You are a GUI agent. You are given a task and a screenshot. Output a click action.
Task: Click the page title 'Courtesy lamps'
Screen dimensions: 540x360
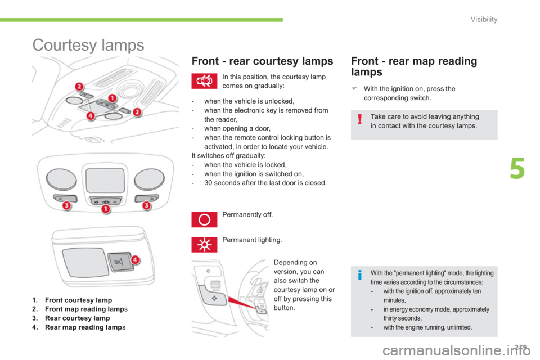click(88, 45)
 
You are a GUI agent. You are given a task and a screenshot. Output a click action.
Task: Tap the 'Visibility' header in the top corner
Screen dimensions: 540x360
click(484, 19)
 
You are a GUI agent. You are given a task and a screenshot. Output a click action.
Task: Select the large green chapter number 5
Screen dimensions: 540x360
click(517, 168)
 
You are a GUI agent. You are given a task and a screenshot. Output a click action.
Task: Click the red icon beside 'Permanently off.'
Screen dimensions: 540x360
click(204, 219)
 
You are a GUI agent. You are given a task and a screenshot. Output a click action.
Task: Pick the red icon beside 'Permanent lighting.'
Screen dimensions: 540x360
click(204, 245)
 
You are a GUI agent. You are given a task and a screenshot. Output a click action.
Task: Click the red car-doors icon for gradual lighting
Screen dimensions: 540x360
click(204, 81)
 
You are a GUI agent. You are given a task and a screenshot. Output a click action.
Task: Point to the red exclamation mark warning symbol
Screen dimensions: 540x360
click(360, 119)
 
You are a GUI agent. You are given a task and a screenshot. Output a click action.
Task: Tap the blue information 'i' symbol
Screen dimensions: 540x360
click(360, 275)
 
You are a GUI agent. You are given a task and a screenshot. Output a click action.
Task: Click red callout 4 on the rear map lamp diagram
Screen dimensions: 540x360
click(135, 259)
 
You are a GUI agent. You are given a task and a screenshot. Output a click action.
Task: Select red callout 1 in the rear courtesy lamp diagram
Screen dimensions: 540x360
click(105, 209)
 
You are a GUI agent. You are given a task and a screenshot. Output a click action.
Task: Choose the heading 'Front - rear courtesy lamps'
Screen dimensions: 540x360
click(263, 61)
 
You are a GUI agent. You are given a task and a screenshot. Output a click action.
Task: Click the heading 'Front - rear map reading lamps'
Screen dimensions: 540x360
click(414, 66)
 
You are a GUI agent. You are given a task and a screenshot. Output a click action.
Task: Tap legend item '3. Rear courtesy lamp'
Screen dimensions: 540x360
click(71, 318)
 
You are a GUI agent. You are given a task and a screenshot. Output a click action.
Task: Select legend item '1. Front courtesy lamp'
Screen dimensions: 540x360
click(72, 300)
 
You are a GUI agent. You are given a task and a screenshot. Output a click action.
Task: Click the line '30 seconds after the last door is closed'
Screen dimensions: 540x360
click(265, 183)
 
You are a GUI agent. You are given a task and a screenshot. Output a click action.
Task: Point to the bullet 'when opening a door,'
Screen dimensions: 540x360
click(237, 128)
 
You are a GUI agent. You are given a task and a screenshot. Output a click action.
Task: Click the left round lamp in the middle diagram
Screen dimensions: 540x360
click(61, 179)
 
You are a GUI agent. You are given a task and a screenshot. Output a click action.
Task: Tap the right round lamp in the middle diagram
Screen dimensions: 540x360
click(149, 179)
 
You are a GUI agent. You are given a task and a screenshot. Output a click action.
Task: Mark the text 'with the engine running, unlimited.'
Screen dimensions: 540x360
click(427, 327)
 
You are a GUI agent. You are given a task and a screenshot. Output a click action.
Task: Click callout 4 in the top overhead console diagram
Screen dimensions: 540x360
click(90, 116)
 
